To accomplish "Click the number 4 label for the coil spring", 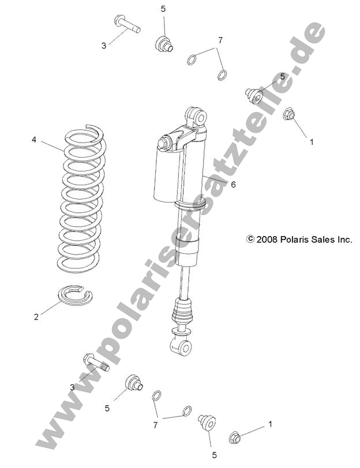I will click(x=34, y=140).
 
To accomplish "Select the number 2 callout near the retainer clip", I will click(x=36, y=316).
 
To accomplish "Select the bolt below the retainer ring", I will click(x=96, y=362).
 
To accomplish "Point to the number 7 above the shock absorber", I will click(x=220, y=40).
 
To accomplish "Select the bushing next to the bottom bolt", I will click(x=134, y=382).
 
